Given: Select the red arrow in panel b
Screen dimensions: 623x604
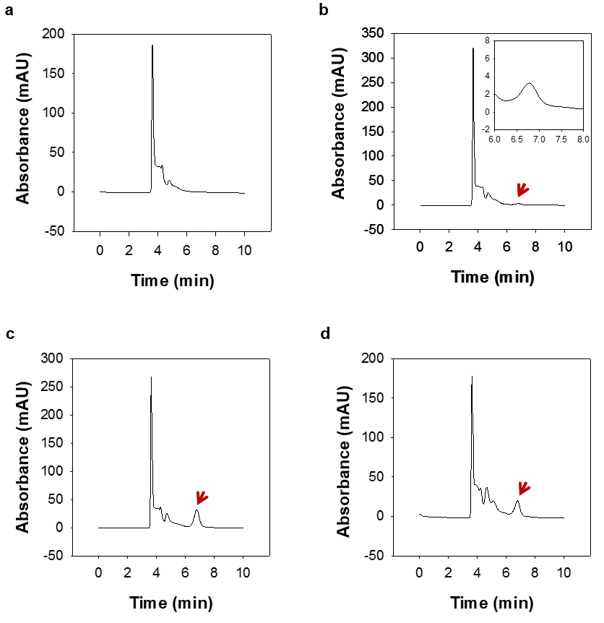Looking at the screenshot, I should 522,190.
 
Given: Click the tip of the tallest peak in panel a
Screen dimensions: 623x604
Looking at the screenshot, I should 152,46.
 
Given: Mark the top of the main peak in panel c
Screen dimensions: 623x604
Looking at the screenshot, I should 151,377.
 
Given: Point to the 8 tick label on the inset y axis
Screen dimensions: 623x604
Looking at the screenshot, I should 488,40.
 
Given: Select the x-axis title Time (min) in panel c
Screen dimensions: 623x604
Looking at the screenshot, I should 172,603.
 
